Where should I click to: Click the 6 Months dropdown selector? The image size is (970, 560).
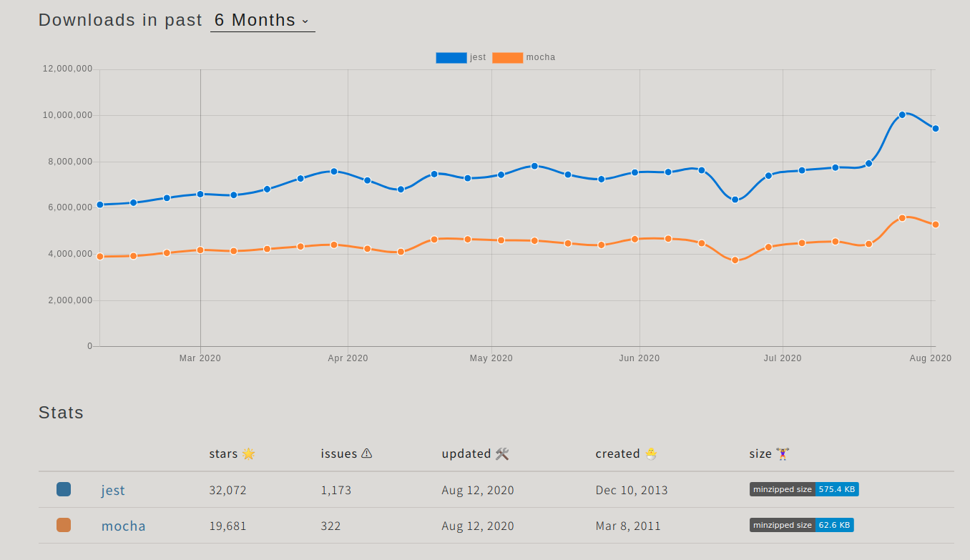pos(262,21)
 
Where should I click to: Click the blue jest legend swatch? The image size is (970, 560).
pos(451,58)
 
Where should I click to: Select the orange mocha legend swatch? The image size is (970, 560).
pos(507,58)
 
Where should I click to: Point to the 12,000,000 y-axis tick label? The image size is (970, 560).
pos(67,69)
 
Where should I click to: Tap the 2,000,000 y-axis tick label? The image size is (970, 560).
pos(70,300)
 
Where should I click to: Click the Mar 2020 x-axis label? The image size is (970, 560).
pos(200,358)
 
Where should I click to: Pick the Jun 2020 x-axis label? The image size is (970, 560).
pos(639,358)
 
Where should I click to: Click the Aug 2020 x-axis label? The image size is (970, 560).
pos(930,358)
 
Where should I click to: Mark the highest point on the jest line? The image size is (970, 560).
pos(902,114)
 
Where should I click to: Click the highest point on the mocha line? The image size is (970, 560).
pos(902,218)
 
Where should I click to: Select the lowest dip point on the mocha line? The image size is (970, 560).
pos(735,260)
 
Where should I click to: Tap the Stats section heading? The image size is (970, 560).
pos(61,413)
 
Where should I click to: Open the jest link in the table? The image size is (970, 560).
pos(113,490)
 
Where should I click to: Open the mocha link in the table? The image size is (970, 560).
pos(123,526)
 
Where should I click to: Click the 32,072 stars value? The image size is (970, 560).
pos(227,490)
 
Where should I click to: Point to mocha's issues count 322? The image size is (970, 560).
pos(330,526)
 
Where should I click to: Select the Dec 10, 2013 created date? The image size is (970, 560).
pos(631,490)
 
